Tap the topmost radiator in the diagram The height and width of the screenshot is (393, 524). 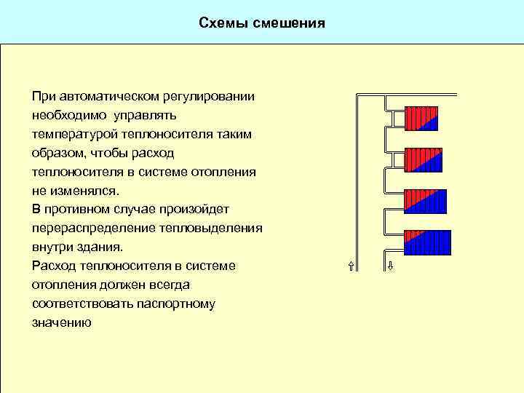(423, 119)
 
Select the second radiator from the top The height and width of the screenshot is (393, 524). (423, 159)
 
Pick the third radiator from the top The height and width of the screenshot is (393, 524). (425, 202)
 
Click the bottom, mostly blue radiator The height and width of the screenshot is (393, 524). (427, 242)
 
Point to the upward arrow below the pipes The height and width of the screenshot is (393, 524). (352, 265)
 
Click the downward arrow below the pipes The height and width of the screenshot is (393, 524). (390, 265)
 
